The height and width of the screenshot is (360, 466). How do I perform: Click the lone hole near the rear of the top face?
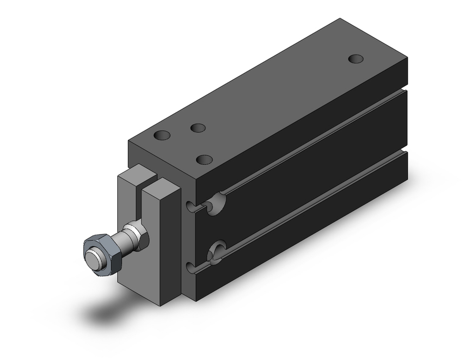click(356, 59)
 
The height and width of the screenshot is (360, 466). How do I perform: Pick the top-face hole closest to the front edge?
click(204, 159)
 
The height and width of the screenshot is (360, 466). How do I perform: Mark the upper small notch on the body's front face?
click(190, 205)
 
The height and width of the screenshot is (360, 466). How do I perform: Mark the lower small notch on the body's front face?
click(190, 267)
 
